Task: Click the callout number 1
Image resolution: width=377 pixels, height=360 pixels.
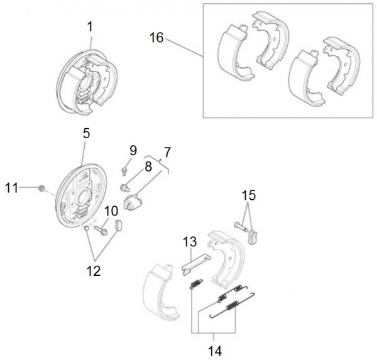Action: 90,26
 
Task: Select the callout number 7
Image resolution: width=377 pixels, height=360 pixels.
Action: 168,152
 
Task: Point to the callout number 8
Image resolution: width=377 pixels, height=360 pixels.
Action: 149,167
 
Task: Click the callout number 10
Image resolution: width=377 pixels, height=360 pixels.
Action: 111,211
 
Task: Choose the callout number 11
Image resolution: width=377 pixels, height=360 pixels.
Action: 12,187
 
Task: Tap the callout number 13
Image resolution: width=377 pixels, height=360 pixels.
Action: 190,241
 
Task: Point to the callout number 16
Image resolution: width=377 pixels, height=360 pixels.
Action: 156,38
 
